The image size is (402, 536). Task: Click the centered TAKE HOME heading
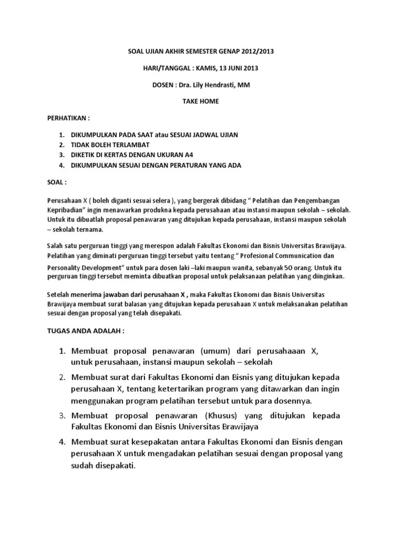point(201,101)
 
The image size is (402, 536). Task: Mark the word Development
point(103,266)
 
